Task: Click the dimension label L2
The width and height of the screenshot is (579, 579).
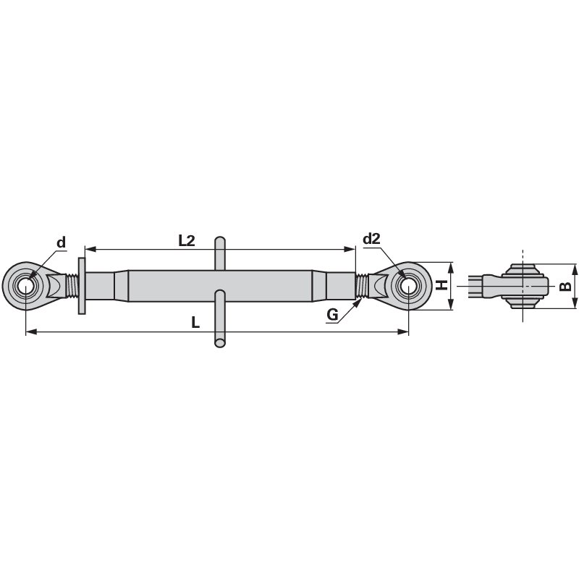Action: coord(187,241)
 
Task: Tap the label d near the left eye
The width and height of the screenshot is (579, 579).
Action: coord(62,242)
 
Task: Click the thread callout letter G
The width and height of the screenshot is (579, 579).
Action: coord(332,314)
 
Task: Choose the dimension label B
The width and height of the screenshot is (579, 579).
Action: coord(566,286)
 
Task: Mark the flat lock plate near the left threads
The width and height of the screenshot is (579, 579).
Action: coord(81,286)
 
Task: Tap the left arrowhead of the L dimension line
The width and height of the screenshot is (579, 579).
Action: coord(29,332)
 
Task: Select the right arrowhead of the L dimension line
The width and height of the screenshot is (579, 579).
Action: coord(405,332)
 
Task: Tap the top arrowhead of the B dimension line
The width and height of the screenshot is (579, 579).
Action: coord(575,266)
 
